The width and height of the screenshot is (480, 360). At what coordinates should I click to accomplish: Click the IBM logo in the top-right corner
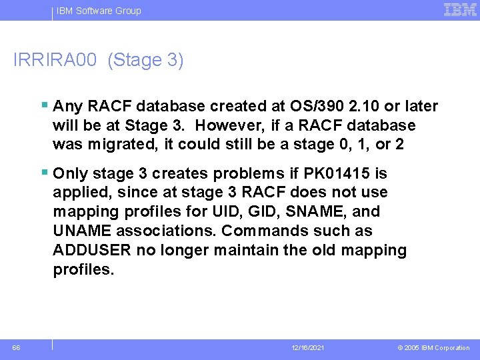pos(460,10)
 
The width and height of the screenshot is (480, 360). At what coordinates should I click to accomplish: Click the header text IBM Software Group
pos(99,11)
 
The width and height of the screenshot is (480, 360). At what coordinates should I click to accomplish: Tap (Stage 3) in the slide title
pos(145,60)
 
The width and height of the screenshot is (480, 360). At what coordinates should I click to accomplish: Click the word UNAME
pos(81,231)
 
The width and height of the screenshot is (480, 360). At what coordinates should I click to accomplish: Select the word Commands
pos(259,231)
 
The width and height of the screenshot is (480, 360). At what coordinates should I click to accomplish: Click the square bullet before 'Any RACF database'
pos(44,105)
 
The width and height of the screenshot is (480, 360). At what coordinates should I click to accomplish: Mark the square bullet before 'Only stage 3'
pos(44,173)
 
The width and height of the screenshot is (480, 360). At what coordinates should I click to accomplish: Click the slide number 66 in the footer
pos(16,347)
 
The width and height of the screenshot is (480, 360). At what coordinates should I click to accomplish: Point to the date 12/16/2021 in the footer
pos(309,348)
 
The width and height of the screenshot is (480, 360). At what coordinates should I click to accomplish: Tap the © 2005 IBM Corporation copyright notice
pos(433,348)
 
